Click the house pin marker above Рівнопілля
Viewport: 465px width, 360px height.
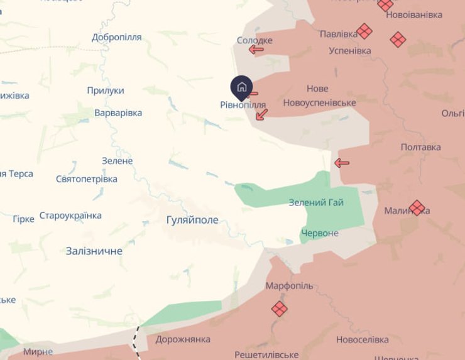click(242, 87)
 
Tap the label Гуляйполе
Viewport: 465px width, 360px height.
click(192, 220)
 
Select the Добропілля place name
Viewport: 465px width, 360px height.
click(117, 37)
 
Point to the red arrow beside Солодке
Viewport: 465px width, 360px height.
click(256, 50)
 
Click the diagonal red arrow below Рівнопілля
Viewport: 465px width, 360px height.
click(262, 114)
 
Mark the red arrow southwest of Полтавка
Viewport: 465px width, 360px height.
click(341, 163)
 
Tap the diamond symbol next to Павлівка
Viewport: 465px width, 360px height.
click(364, 31)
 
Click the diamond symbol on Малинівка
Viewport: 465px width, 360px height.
click(417, 207)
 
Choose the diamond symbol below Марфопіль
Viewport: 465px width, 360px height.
click(280, 308)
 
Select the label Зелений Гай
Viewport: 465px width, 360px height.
click(316, 202)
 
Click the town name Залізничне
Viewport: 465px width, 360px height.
click(94, 251)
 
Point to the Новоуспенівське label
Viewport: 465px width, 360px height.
click(319, 103)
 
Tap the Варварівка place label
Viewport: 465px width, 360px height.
click(118, 113)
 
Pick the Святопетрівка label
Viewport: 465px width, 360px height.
click(87, 179)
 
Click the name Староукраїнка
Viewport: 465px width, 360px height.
click(70, 215)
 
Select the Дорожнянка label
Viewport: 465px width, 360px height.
click(182, 340)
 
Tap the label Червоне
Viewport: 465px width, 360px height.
click(320, 233)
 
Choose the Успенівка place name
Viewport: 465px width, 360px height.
click(350, 51)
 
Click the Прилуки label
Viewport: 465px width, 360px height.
click(106, 90)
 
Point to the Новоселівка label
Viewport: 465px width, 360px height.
click(363, 340)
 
